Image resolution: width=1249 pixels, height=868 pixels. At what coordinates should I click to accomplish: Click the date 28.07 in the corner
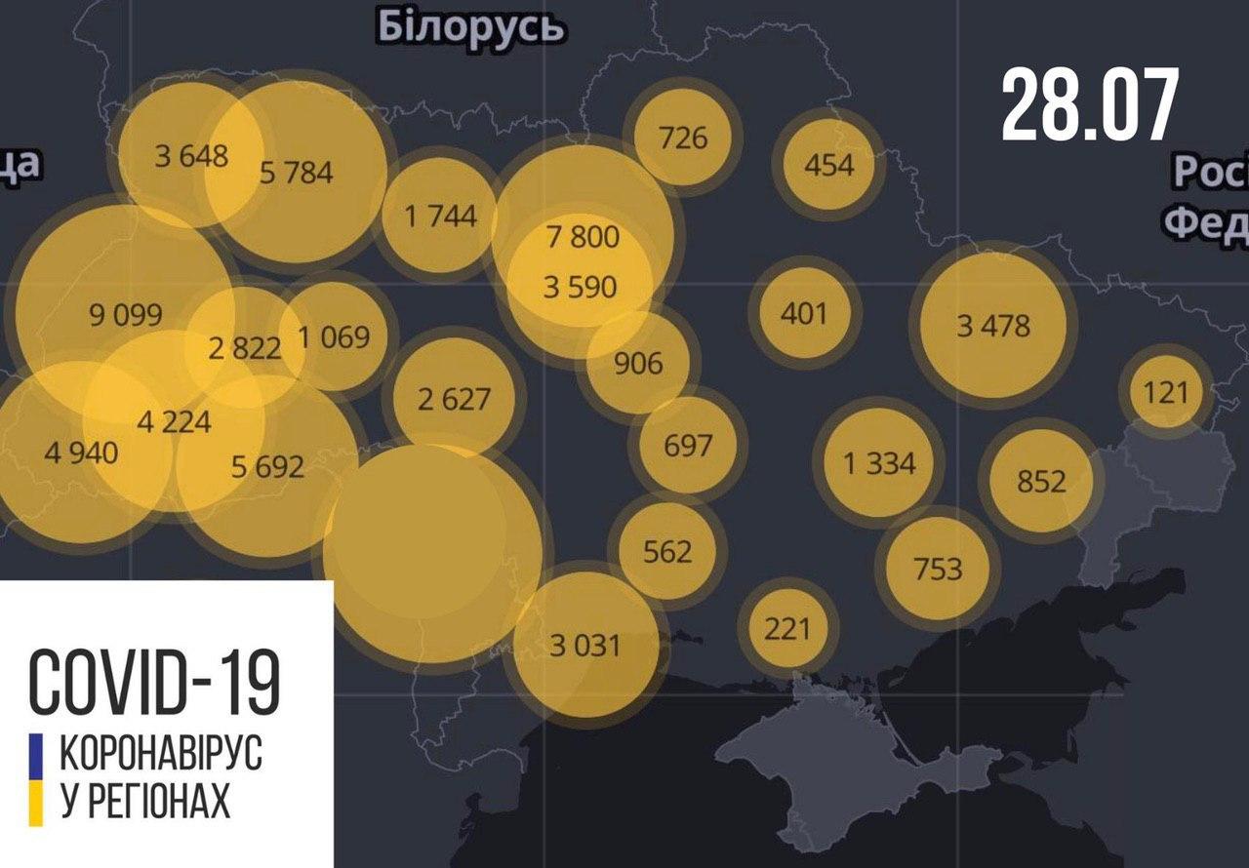point(1090,105)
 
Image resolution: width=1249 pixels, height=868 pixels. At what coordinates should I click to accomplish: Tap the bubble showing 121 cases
point(1166,392)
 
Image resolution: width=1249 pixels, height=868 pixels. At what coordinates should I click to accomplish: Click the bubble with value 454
point(828,164)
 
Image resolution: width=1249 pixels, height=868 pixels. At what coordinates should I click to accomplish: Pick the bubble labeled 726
point(683,137)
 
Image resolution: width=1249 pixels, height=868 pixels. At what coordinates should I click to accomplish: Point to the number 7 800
point(583,236)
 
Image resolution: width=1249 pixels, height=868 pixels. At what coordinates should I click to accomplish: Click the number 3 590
point(580,287)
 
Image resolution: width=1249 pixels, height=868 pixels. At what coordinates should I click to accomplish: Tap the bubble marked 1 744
point(441,216)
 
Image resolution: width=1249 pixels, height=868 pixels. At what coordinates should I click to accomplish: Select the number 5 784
point(297,173)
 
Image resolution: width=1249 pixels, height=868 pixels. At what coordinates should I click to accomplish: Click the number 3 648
point(191,155)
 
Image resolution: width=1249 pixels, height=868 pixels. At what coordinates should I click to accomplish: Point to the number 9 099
point(125,314)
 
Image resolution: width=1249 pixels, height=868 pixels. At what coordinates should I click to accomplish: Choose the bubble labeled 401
point(804,313)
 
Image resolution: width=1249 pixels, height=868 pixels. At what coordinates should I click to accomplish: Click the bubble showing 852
point(1041,481)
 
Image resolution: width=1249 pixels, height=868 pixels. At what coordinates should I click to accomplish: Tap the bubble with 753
point(938,568)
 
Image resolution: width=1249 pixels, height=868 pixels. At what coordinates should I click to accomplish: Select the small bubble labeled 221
point(787,627)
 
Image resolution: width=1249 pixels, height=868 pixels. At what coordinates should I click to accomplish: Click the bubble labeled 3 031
point(584,645)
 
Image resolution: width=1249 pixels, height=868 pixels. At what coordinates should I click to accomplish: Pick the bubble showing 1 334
point(879,462)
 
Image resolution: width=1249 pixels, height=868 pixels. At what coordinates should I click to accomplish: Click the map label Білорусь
point(470,27)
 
